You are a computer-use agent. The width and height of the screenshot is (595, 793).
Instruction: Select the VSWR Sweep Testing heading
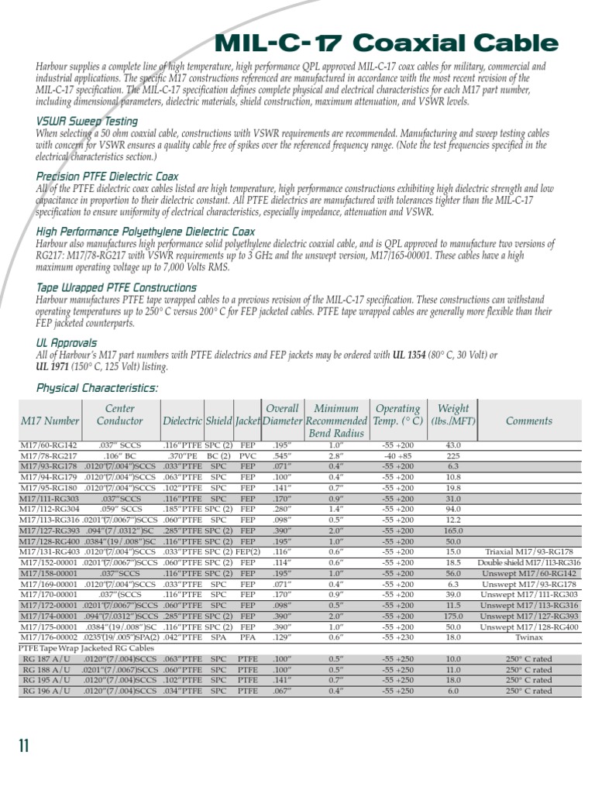pos(87,122)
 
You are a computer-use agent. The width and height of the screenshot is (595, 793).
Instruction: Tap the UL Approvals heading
pos(67,342)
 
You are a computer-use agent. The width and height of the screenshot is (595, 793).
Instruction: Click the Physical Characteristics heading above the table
pos(97,388)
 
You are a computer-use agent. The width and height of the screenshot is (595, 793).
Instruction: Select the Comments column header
pos(528,421)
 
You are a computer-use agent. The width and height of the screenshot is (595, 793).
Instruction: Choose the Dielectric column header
pos(182,421)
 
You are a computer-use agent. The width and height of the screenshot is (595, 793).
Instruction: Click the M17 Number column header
pos(50,421)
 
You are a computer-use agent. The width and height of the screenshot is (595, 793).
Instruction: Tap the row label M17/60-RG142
pos(49,446)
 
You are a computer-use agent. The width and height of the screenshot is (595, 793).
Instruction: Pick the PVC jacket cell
pos(248,457)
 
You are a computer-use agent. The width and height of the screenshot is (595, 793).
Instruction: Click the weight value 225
pos(453,457)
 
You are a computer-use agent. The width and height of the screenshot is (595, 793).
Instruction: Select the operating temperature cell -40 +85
pos(397,457)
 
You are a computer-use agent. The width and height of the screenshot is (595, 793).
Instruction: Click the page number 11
pos(24,746)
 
